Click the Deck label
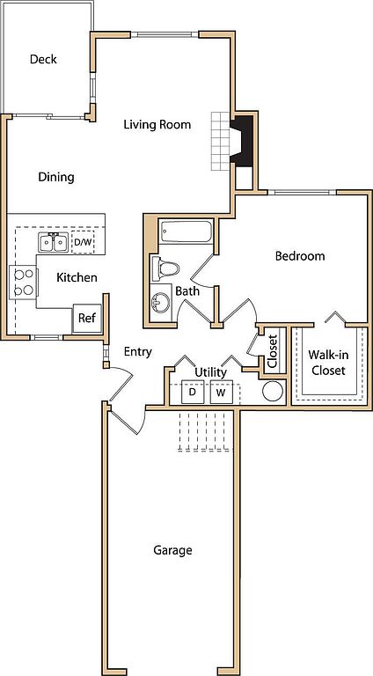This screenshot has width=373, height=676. [x=43, y=59]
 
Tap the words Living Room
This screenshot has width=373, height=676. [x=157, y=125]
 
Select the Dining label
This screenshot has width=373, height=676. [x=56, y=177]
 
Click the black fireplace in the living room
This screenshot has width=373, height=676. [x=241, y=139]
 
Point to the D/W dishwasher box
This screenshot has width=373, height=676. [x=83, y=242]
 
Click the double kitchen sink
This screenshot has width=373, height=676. [x=53, y=242]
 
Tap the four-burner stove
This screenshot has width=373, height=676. [x=23, y=283]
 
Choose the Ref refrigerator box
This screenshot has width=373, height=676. [x=87, y=318]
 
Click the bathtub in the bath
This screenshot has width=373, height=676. [x=186, y=232]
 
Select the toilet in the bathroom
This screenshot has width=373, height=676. [x=165, y=269]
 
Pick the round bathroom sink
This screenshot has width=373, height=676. [x=161, y=303]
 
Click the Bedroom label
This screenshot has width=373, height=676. [x=300, y=256]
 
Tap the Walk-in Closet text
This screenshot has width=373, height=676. [x=328, y=363]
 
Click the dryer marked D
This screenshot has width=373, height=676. [x=193, y=392]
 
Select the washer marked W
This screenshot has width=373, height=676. [x=222, y=392]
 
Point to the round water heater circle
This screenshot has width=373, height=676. [x=273, y=392]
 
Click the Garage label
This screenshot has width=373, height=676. [x=172, y=550]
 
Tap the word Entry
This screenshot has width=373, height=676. [x=138, y=352]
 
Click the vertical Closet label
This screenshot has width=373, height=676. [x=273, y=351]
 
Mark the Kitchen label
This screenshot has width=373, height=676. [x=77, y=277]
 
